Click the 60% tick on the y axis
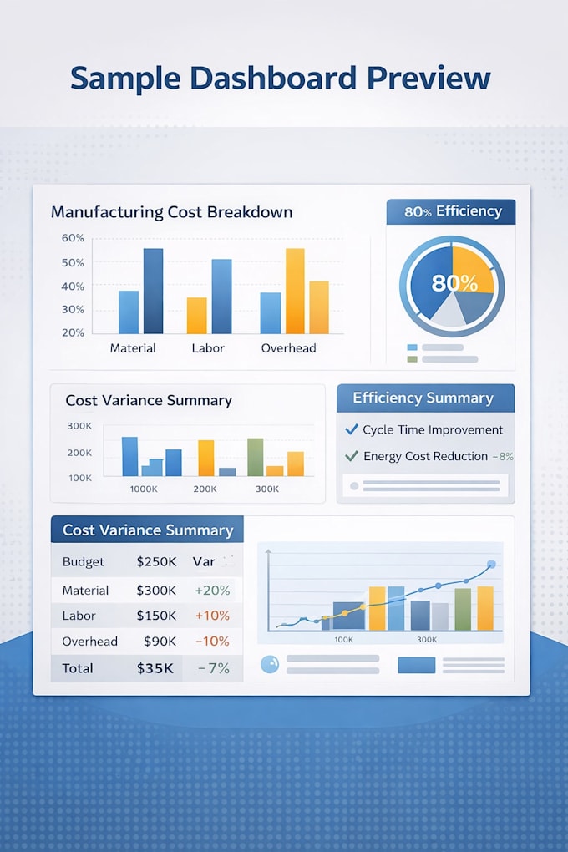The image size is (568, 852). point(73,238)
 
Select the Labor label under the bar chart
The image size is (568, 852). point(208,348)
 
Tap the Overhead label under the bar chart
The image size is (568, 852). point(289,348)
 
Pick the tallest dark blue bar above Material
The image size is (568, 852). point(154,291)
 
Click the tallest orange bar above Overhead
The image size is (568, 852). point(295,291)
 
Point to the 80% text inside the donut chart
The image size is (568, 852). point(454,283)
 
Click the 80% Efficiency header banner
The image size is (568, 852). point(451,212)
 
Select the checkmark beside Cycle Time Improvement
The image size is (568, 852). point(352,429)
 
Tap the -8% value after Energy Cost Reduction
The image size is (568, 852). point(503,456)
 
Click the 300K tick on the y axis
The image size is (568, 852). point(80,426)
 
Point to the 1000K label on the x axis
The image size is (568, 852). point(144,489)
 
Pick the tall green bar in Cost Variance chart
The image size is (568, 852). point(256,457)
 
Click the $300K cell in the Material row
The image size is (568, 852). point(156,591)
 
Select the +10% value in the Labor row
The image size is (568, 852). point(212,616)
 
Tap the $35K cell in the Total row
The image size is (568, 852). point(155,668)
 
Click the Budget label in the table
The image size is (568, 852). point(84,562)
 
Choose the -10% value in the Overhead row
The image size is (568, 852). point(212,642)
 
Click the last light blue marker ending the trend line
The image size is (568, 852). point(492,565)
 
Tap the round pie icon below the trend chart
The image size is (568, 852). point(270,664)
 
